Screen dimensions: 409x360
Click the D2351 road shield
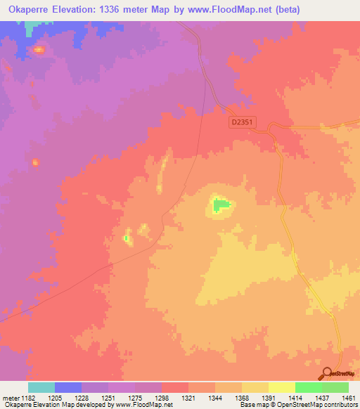[x=241, y=122]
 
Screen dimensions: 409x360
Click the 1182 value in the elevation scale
[x=29, y=398]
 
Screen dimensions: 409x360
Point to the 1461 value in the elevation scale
[x=348, y=398]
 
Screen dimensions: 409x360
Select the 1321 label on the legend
[x=188, y=398]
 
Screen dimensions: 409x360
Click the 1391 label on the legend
[x=268, y=398]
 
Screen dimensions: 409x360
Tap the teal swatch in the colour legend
[x=41, y=387]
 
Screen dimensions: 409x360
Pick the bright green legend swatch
[x=308, y=387]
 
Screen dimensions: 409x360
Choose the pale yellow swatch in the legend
[x=281, y=387]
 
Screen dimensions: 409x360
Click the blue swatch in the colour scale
[x=68, y=387]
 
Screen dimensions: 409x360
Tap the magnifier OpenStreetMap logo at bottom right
[x=326, y=374]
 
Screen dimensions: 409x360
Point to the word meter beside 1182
[x=11, y=398]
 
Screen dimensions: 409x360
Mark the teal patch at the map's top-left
[x=30, y=27]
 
